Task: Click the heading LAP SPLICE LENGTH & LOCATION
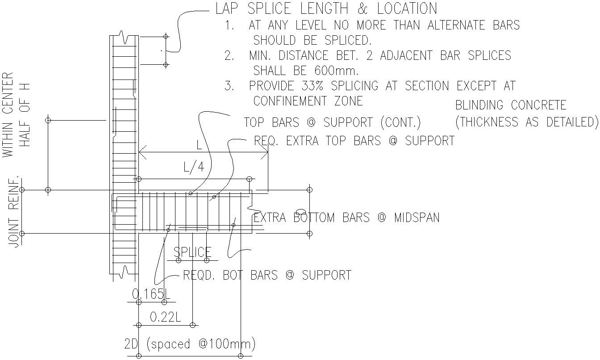click(x=326, y=8)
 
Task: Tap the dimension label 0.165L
click(x=151, y=294)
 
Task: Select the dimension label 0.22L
click(x=165, y=317)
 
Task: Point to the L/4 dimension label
click(x=194, y=167)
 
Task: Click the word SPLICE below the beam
click(x=192, y=252)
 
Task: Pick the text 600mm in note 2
click(x=337, y=71)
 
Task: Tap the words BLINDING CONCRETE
click(x=511, y=105)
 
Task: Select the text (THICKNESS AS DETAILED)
click(x=526, y=122)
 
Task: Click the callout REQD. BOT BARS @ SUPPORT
click(x=267, y=275)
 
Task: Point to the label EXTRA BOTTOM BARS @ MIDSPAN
click(x=346, y=218)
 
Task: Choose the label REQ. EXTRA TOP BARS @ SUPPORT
click(x=354, y=141)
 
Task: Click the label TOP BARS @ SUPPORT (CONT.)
click(x=332, y=122)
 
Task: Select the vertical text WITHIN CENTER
click(x=8, y=115)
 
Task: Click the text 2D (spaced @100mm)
click(x=190, y=344)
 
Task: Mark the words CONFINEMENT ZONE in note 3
click(x=308, y=101)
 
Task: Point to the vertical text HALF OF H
click(x=25, y=115)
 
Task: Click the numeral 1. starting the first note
click(x=230, y=25)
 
